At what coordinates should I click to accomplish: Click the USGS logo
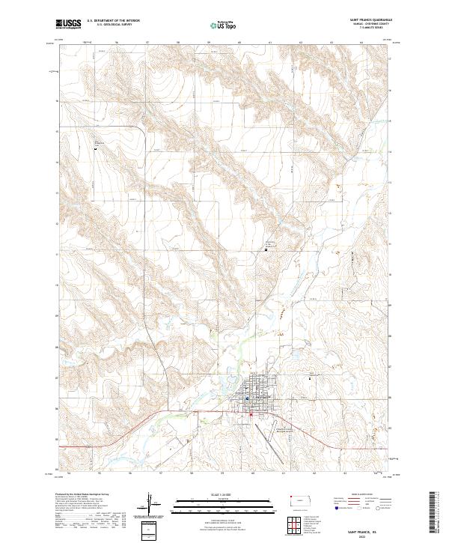tap(68, 25)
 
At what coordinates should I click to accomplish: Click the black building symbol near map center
tap(267, 249)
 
